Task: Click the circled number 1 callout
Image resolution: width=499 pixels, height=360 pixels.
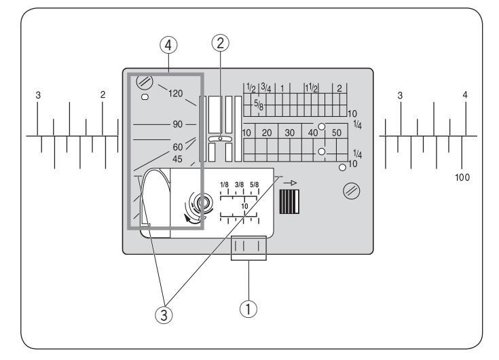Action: click(248, 309)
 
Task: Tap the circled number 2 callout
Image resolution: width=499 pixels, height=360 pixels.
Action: click(220, 43)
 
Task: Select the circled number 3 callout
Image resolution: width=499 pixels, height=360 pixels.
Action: click(164, 315)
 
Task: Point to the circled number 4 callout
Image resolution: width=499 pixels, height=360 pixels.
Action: click(168, 46)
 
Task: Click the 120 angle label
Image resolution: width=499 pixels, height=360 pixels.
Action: click(176, 94)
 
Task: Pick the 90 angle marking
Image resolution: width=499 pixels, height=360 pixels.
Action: click(178, 124)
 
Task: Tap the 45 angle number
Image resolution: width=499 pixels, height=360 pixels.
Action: click(177, 159)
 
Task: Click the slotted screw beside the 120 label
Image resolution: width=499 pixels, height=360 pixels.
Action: click(145, 82)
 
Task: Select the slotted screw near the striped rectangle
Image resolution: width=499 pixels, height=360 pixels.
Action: click(352, 191)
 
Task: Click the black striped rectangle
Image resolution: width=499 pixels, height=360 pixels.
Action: click(289, 202)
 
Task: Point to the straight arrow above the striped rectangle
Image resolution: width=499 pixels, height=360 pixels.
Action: click(290, 183)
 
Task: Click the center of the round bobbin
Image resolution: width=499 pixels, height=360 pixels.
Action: click(202, 202)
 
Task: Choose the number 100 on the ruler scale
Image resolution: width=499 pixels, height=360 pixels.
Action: click(462, 177)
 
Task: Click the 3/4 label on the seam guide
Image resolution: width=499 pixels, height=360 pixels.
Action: click(265, 87)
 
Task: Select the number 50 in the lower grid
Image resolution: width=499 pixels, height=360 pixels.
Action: click(336, 132)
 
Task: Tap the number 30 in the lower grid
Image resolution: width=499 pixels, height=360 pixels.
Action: click(290, 132)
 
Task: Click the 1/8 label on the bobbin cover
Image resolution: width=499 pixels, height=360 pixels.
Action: click(224, 185)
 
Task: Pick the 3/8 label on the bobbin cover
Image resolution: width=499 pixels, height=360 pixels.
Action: click(239, 185)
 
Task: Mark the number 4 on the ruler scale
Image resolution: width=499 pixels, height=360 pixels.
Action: click(465, 95)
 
